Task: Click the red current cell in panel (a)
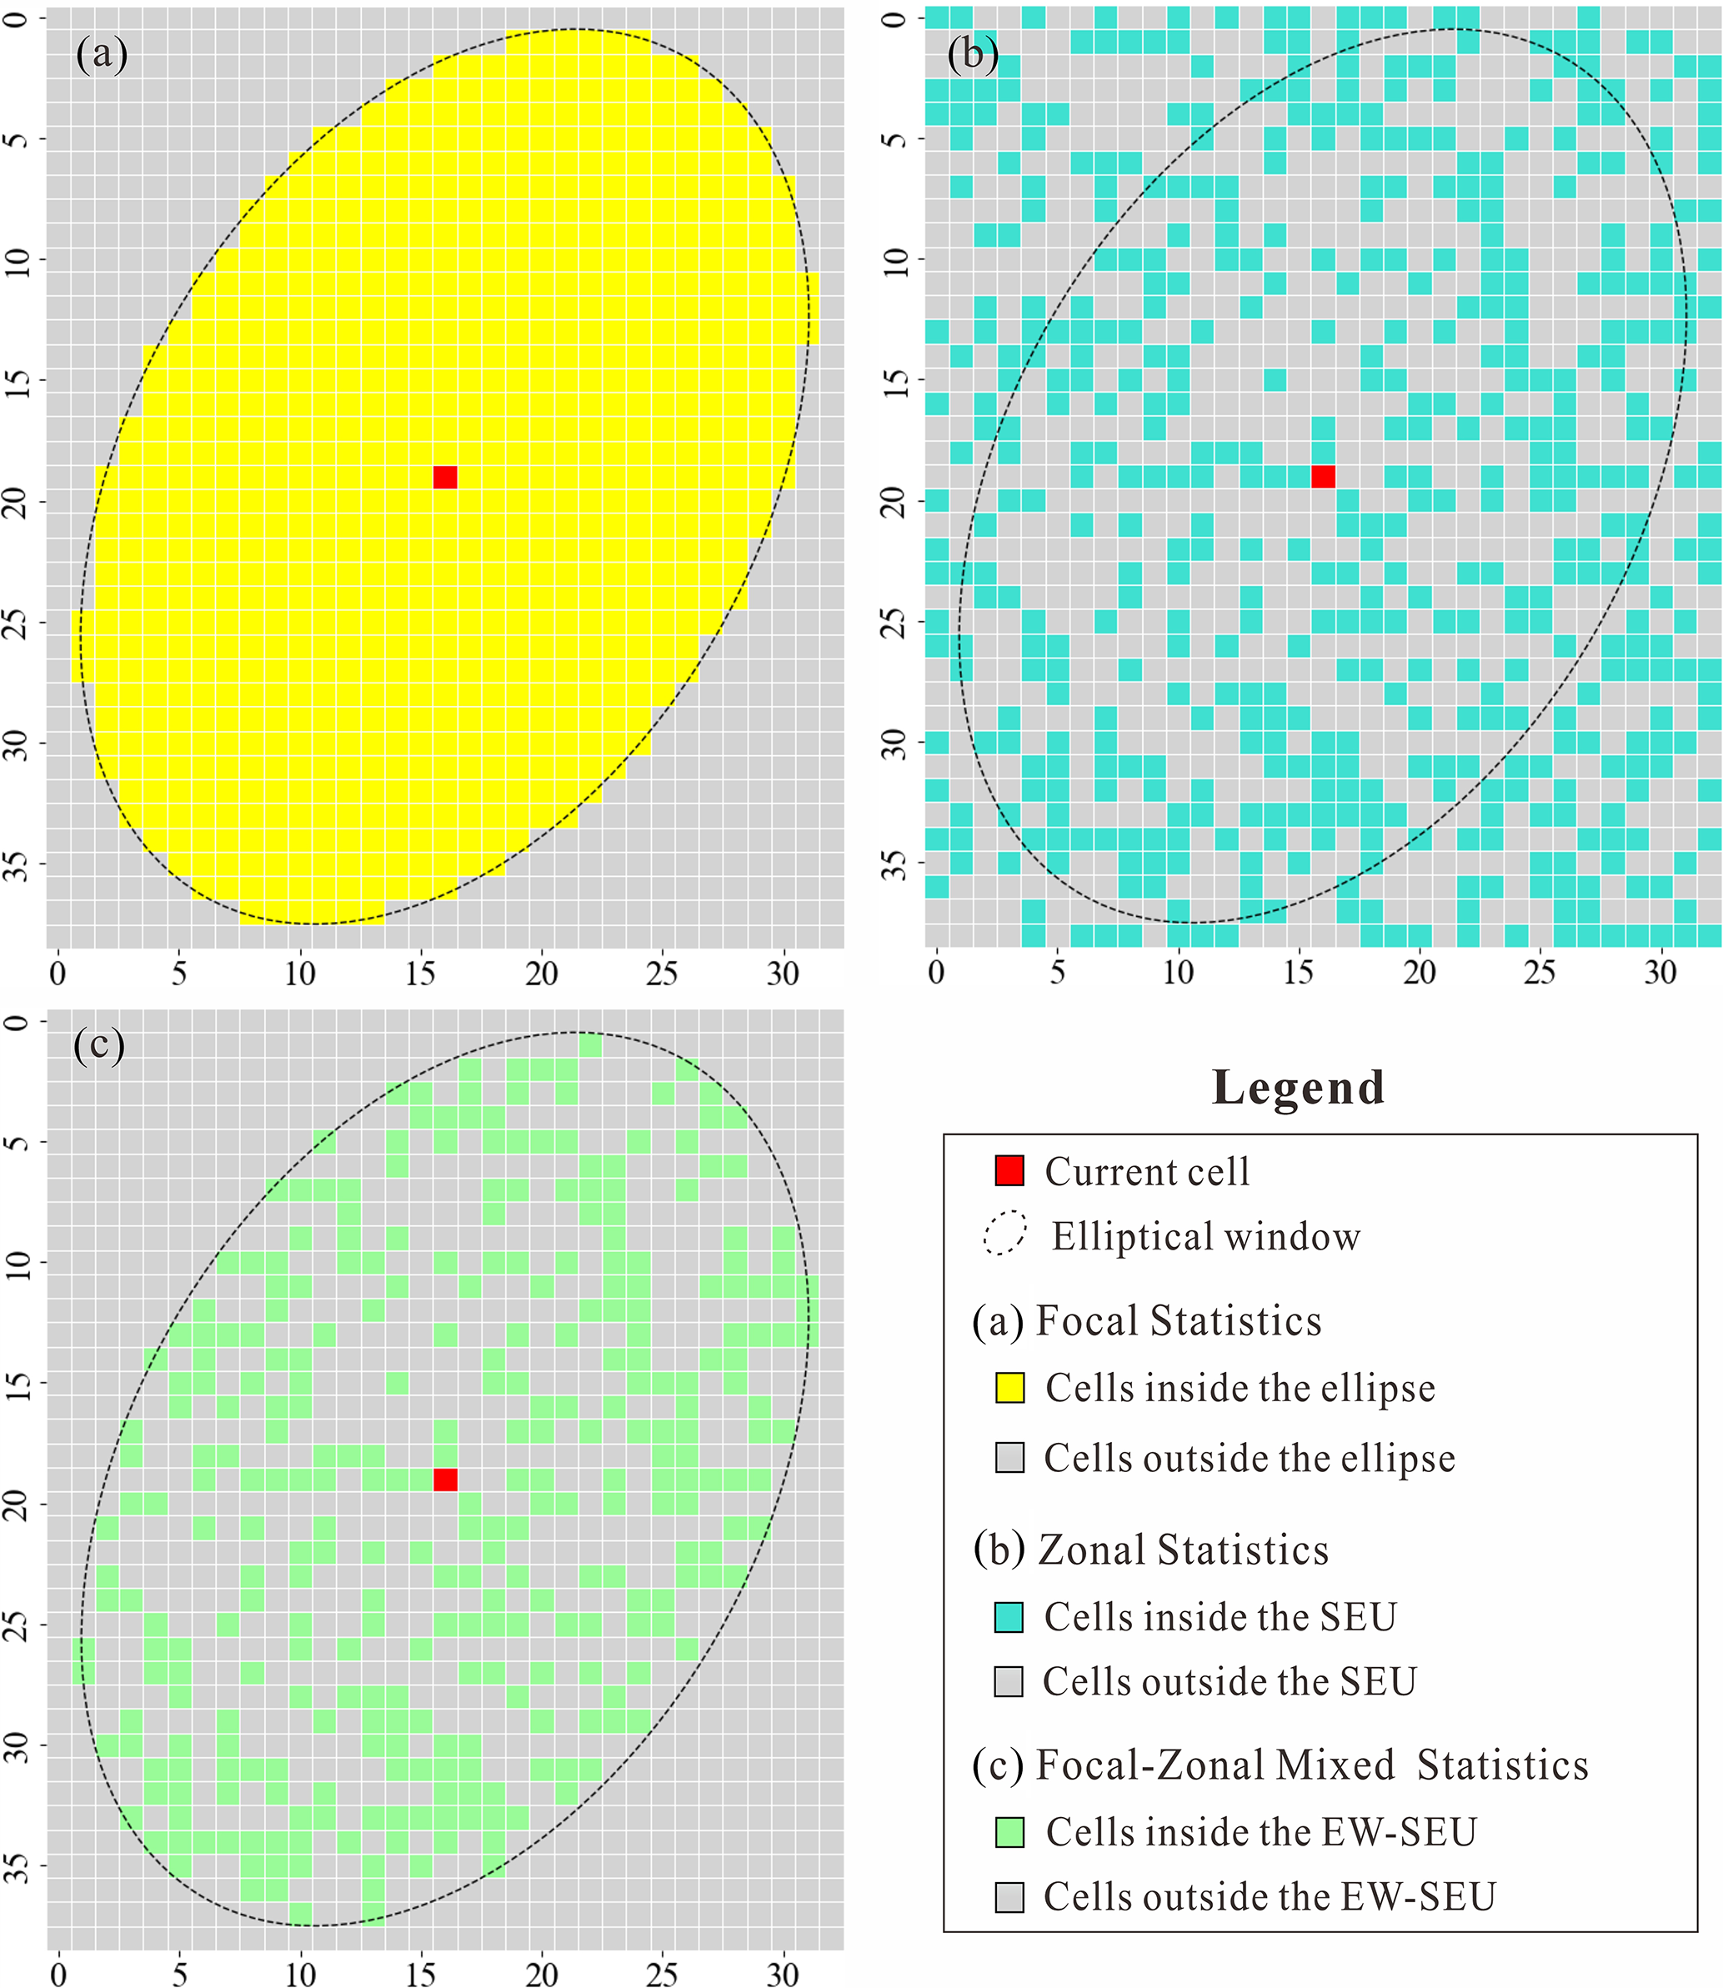point(445,477)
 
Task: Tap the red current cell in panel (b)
point(1323,476)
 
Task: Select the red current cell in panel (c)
point(445,1480)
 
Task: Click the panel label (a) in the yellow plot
point(101,54)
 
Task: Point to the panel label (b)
point(972,54)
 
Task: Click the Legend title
point(1298,1089)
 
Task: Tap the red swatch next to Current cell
point(1009,1171)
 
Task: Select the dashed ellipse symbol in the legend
point(1004,1234)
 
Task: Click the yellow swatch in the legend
point(1009,1388)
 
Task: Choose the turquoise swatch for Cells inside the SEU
point(1009,1617)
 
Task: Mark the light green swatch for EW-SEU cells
point(1009,1832)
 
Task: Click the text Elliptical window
point(1205,1236)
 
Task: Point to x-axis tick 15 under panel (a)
point(420,974)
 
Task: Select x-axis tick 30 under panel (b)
point(1660,973)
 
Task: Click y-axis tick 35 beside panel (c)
point(18,1866)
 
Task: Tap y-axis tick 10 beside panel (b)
point(895,259)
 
